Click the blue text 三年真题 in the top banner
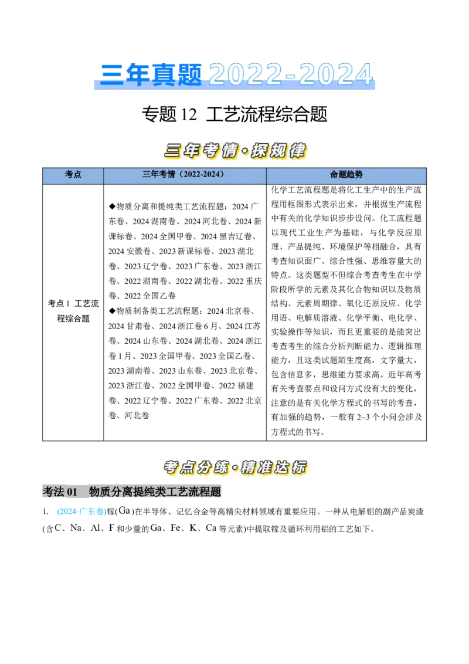(151, 74)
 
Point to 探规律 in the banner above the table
(279, 151)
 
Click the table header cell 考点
(73, 175)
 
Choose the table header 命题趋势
(346, 175)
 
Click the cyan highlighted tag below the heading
(81, 511)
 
